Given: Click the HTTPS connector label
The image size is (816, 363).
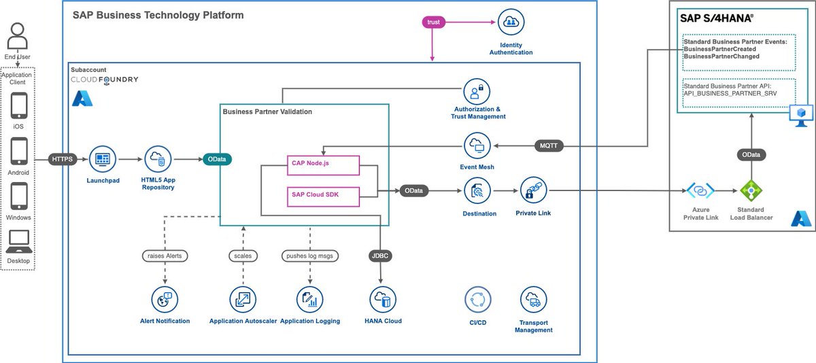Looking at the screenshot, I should [63, 159].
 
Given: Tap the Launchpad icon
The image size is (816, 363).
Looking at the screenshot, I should [103, 160].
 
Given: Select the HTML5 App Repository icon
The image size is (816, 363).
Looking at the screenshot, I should [158, 160].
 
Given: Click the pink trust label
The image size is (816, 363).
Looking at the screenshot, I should [432, 22].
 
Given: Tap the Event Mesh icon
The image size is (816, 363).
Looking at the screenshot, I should [476, 145].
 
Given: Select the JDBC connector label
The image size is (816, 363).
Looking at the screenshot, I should [379, 257].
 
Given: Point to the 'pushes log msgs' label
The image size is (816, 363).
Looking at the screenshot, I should [310, 256].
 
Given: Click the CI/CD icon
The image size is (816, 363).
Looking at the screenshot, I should [477, 299].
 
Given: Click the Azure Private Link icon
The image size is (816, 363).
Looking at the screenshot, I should [700, 190].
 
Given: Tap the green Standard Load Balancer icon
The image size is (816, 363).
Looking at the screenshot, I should [751, 190].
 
